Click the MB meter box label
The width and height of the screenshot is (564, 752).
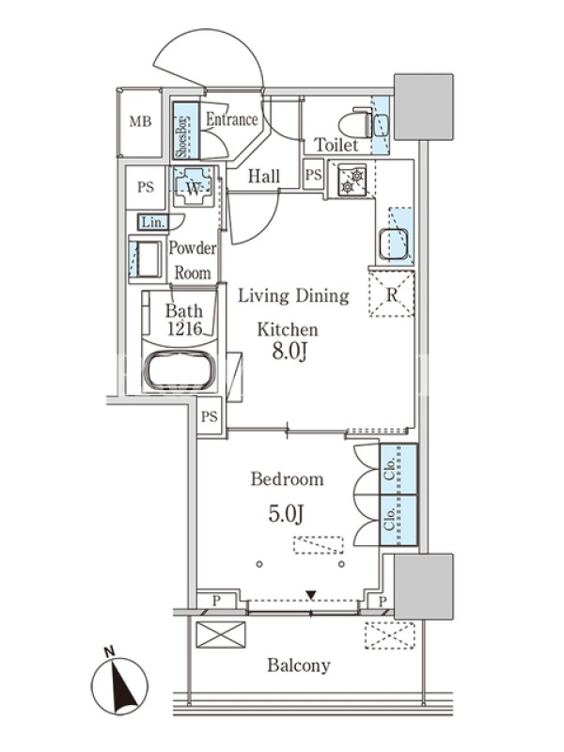140,122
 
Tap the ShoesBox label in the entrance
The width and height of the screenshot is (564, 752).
181,136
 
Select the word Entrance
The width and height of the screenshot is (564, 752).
231,119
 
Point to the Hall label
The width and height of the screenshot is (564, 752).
264,177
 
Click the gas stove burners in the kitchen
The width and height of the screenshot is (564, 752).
352,180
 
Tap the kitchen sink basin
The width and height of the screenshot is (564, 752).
393,244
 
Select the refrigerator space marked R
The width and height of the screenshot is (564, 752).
391,293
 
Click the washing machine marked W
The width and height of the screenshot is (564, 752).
194,186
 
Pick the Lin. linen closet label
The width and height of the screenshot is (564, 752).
153,222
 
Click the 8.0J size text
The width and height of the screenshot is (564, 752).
290,352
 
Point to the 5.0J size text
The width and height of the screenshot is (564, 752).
286,514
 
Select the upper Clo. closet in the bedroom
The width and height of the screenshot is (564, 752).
398,469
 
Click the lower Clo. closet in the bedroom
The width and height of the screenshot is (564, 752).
398,521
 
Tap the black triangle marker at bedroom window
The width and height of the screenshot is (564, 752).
311,596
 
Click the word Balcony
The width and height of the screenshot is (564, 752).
299,666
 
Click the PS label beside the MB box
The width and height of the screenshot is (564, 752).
146,187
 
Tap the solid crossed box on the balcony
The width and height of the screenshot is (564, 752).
221,634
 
